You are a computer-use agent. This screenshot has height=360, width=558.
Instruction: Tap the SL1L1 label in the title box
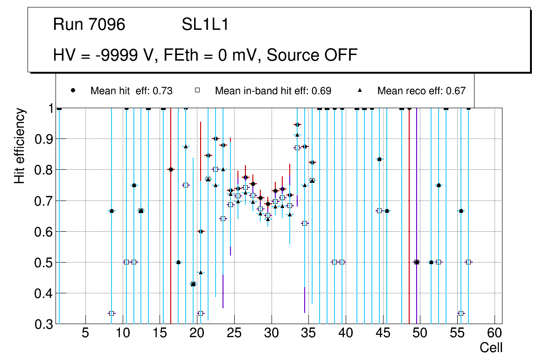point(205,25)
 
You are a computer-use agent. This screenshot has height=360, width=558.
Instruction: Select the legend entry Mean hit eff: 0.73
point(131,91)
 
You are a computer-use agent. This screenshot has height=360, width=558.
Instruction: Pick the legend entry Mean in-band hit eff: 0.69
point(273,91)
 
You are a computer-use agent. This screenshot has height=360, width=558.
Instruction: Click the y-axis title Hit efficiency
point(20,146)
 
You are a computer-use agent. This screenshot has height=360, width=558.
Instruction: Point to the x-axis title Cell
point(491,347)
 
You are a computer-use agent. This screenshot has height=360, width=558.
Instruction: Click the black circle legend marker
point(73,90)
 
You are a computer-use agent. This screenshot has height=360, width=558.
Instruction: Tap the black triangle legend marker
point(360,90)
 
